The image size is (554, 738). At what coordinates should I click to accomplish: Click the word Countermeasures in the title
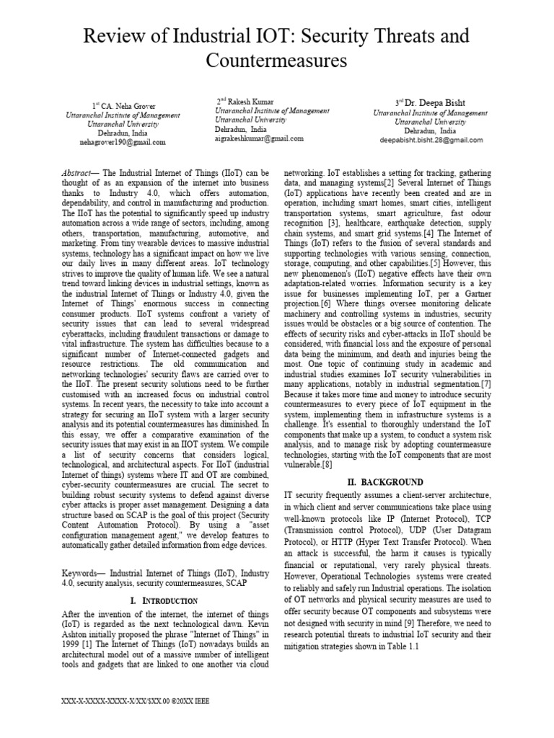click(x=277, y=61)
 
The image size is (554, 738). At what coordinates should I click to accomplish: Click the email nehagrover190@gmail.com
click(x=123, y=143)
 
